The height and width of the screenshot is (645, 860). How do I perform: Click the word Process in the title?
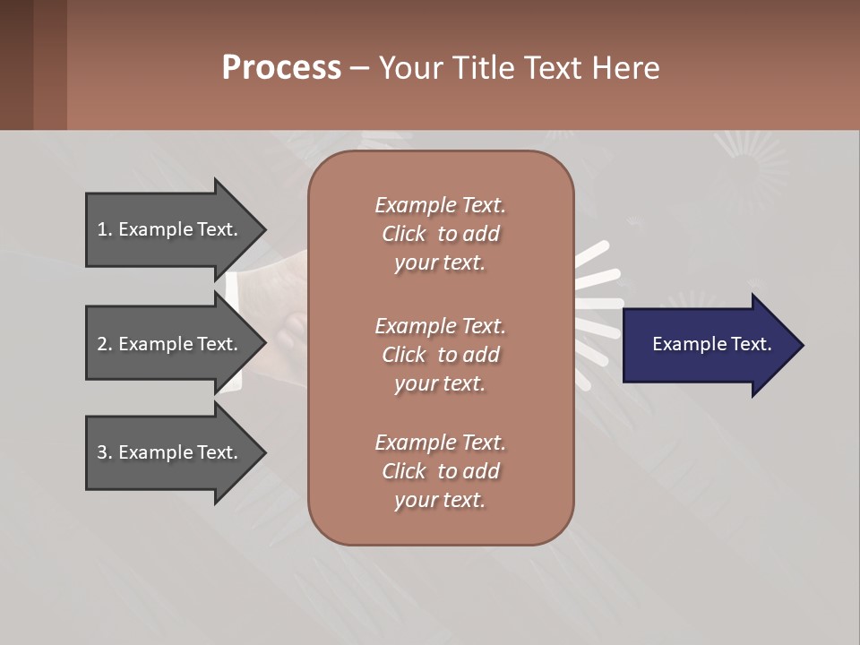click(x=281, y=68)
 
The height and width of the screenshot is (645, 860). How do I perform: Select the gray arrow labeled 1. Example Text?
click(x=170, y=229)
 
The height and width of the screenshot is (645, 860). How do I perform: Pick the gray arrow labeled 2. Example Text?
click(x=170, y=344)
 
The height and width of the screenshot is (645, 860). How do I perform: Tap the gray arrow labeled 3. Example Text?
click(x=170, y=452)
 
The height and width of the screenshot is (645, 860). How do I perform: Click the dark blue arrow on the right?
click(x=708, y=344)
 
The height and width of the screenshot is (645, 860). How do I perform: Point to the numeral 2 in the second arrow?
click(x=102, y=344)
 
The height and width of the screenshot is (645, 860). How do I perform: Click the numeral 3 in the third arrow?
click(x=102, y=452)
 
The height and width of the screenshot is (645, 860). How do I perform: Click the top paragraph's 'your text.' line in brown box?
click(x=439, y=263)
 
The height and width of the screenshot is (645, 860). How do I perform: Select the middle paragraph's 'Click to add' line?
click(x=440, y=355)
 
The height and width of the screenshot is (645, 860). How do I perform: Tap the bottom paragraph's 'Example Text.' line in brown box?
click(x=440, y=443)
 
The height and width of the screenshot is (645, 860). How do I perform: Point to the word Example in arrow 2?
click(x=157, y=344)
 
